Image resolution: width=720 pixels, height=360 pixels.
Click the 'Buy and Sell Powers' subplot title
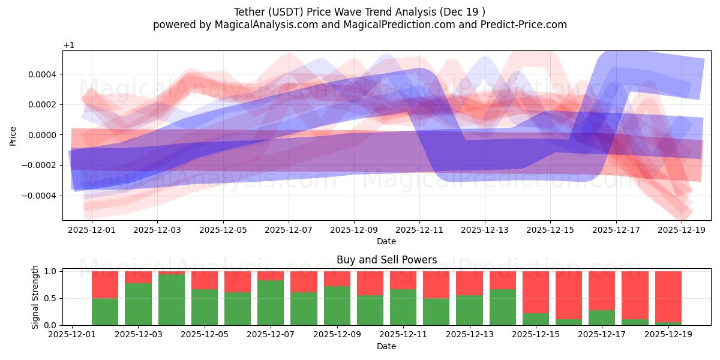(386, 260)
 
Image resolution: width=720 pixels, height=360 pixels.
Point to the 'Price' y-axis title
(13, 136)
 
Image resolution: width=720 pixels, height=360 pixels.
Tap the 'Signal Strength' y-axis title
(35, 297)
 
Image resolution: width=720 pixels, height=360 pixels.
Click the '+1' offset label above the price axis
(68, 46)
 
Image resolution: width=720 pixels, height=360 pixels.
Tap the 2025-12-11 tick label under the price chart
(419, 229)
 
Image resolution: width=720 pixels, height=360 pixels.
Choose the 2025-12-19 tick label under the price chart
(681, 229)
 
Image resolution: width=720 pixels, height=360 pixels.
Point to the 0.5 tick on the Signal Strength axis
(50, 298)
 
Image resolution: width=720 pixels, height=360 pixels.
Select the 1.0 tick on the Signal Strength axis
(50, 271)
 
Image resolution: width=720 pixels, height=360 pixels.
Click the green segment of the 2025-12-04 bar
(172, 300)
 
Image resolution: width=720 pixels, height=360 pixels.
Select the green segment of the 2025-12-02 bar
(105, 312)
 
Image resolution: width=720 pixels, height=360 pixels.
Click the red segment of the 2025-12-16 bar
(568, 295)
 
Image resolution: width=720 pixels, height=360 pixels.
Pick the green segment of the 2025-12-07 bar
(271, 303)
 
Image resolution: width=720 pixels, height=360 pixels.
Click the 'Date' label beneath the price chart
(386, 241)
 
